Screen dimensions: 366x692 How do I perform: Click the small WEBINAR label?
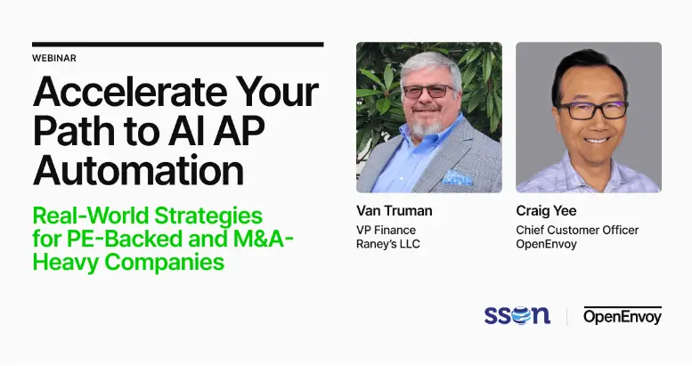(53, 58)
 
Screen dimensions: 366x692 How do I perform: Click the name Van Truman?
(394, 212)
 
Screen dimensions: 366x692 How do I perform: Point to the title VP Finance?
(386, 230)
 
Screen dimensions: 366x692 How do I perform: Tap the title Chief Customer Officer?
(577, 230)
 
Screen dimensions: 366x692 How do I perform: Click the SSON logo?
(517, 315)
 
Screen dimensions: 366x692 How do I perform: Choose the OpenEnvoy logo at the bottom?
(623, 315)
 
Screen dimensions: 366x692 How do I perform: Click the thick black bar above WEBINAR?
(177, 44)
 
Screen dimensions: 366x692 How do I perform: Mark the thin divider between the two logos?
(567, 316)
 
